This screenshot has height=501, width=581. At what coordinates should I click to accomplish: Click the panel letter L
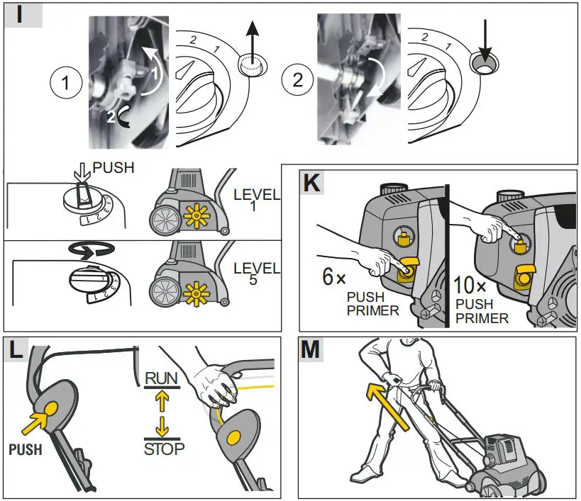click(x=18, y=349)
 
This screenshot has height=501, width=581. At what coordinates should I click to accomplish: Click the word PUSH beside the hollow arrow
click(x=114, y=170)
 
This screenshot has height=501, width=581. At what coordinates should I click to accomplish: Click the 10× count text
click(x=472, y=287)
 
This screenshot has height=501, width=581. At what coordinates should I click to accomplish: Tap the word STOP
click(x=164, y=448)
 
